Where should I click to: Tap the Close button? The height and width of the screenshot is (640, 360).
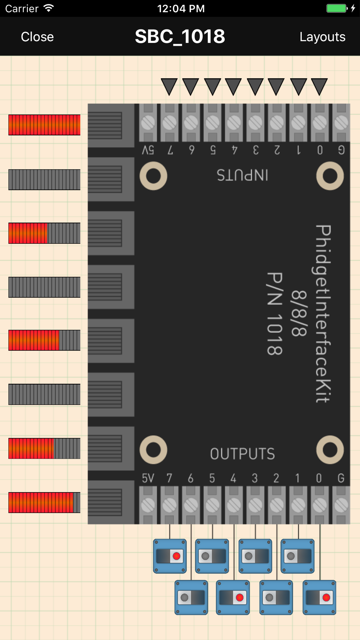(x=37, y=37)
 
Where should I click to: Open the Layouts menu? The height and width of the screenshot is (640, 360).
(x=322, y=37)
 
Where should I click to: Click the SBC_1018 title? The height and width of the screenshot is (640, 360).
(x=180, y=36)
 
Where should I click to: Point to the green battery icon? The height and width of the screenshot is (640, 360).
(x=336, y=8)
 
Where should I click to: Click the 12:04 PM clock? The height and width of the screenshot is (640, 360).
(x=181, y=8)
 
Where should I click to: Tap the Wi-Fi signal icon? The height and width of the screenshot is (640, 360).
(x=49, y=8)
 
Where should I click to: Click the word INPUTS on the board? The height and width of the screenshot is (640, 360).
(x=242, y=175)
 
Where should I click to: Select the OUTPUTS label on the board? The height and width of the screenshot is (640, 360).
(x=242, y=454)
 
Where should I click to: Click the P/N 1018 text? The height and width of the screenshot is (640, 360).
(x=275, y=313)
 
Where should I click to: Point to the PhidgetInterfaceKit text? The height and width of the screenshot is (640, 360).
(x=323, y=313)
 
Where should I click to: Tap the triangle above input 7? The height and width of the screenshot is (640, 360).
(x=169, y=87)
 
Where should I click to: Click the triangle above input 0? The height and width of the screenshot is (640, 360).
(x=319, y=87)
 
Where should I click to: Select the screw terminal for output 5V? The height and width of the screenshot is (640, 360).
(x=148, y=505)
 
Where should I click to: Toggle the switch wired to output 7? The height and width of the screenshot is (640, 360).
(x=170, y=556)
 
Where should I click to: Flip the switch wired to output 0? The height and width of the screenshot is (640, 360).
(x=319, y=598)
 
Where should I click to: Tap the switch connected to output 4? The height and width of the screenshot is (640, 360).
(x=233, y=598)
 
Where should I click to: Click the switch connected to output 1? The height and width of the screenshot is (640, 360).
(x=298, y=556)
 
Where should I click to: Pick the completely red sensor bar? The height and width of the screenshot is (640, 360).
(x=44, y=125)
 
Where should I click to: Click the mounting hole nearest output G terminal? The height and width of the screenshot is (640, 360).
(x=330, y=450)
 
